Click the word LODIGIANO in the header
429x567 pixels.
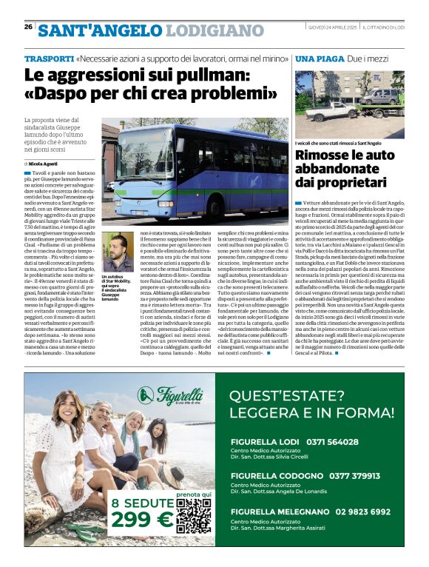pyautogui.click(x=214, y=30)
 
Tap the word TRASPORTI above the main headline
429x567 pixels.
pyautogui.click(x=48, y=58)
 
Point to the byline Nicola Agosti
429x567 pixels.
pyautogui.click(x=44, y=163)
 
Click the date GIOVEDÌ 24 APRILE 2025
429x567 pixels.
pyautogui.click(x=334, y=27)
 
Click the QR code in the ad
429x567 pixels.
pyautogui.click(x=195, y=517)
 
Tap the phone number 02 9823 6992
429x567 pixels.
pyautogui.click(x=363, y=511)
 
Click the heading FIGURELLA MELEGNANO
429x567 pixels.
pyautogui.click(x=279, y=511)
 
